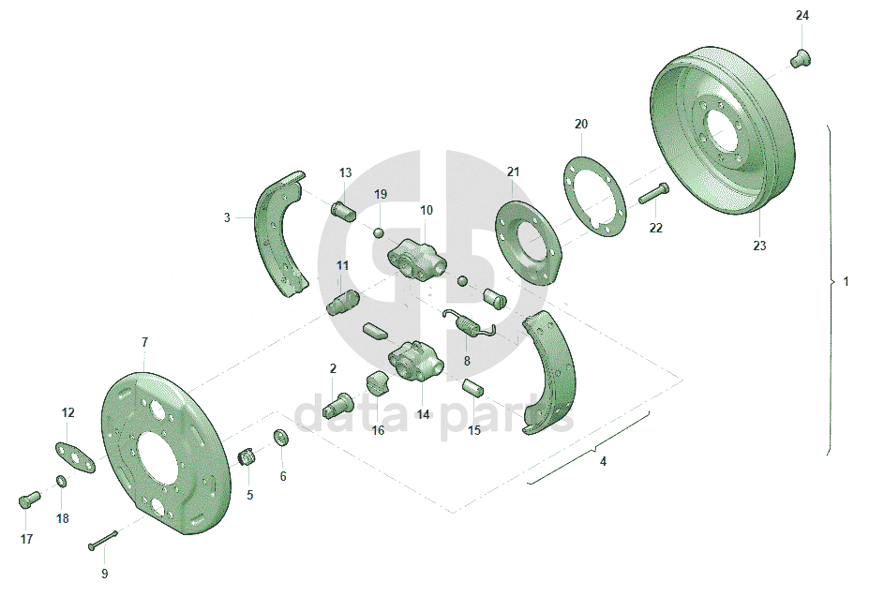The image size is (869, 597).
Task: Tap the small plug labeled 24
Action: coord(801,58)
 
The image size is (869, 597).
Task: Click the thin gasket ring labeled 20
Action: coord(594,198)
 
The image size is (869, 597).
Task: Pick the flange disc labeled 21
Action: coord(527,243)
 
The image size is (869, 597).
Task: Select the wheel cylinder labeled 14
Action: coord(416,362)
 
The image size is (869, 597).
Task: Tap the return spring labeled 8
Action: coord(469,323)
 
